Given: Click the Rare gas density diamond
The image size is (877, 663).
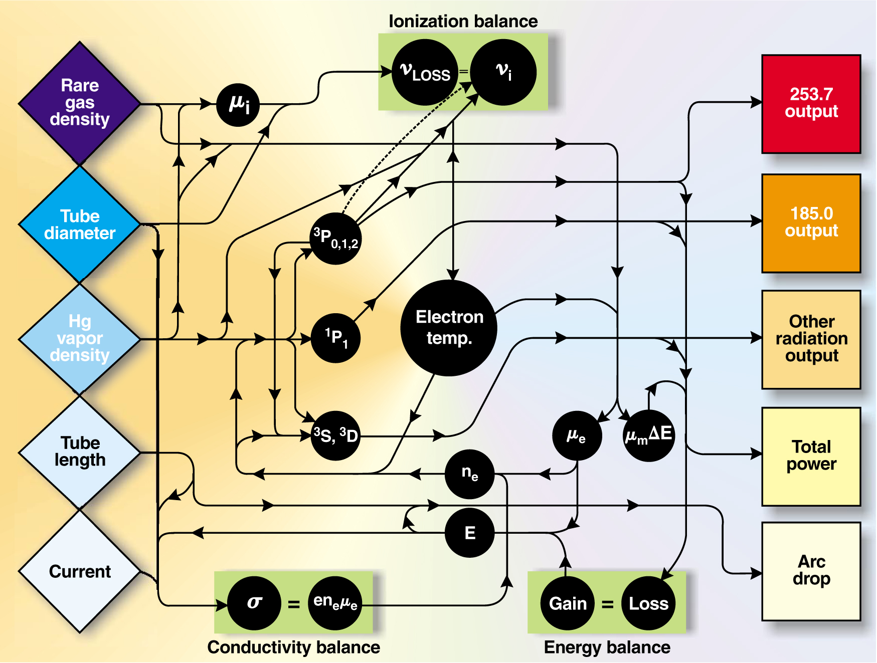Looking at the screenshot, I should pos(79,103).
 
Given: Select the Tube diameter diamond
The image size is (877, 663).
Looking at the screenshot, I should pos(79,224).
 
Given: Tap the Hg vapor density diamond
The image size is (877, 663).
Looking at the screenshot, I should pos(79,339).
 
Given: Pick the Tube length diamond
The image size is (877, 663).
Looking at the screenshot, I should pos(79,452).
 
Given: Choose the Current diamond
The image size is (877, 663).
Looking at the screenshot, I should pos(79,571).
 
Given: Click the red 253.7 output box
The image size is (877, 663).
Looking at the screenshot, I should pos(811,104).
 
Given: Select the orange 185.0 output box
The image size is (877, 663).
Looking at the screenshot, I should pos(811,223).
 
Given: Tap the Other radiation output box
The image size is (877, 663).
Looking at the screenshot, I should pos(811,339).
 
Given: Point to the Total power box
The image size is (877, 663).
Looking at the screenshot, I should pos(811,456).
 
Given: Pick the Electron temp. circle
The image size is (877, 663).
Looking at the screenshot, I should pos(449,328).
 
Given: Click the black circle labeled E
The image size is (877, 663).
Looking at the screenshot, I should pos(469,533).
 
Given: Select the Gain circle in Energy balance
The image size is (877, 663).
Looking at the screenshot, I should pos(567,603).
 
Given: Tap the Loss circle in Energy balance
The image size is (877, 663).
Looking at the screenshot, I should pos(648,603).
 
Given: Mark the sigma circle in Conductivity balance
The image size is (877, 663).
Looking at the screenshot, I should pos(254,603).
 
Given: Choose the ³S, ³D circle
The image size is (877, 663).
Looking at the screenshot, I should pos(335,435).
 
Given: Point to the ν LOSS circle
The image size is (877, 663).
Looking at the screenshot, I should pos(425,72).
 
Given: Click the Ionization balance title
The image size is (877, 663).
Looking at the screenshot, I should pos(463,22).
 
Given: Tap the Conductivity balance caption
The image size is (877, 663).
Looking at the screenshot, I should pos(293,647).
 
